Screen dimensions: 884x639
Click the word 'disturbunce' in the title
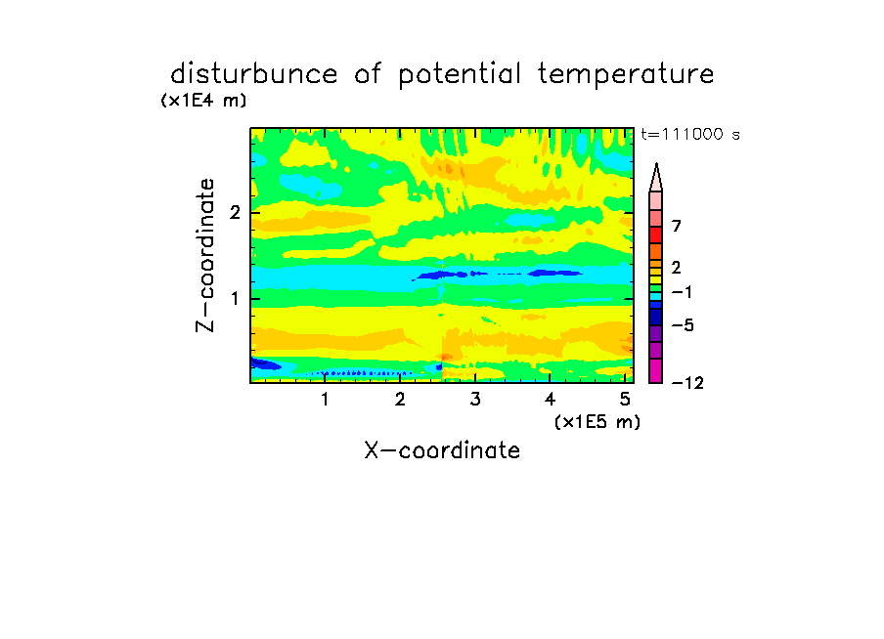(253, 74)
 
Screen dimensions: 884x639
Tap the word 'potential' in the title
(460, 75)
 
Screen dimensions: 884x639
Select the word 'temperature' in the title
(626, 75)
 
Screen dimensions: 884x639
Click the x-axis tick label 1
(325, 400)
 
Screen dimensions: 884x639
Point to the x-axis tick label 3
(475, 400)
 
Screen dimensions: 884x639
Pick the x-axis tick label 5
(625, 400)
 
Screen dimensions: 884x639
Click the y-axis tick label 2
(235, 212)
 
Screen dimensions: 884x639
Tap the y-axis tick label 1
(235, 298)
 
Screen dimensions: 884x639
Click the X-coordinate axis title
(442, 450)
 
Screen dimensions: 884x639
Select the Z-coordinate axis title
(205, 255)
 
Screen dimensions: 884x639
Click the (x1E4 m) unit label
(203, 101)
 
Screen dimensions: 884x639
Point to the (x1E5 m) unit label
(597, 422)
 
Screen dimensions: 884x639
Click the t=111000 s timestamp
(690, 134)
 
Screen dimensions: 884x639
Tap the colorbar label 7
(677, 226)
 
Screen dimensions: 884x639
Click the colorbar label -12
(687, 383)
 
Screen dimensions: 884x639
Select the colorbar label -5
(683, 325)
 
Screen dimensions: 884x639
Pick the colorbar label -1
(682, 292)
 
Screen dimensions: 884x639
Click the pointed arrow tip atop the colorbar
(656, 164)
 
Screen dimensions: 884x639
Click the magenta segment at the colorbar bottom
(656, 370)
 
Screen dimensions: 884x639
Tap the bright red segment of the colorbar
(656, 234)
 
